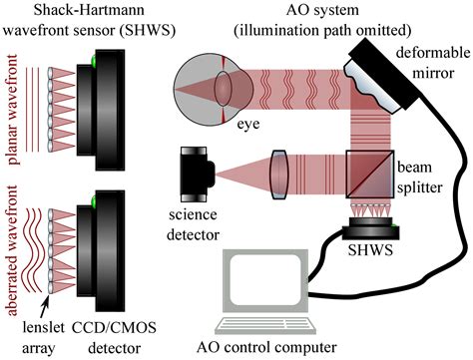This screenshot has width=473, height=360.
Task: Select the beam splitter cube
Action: [x=370, y=171]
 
